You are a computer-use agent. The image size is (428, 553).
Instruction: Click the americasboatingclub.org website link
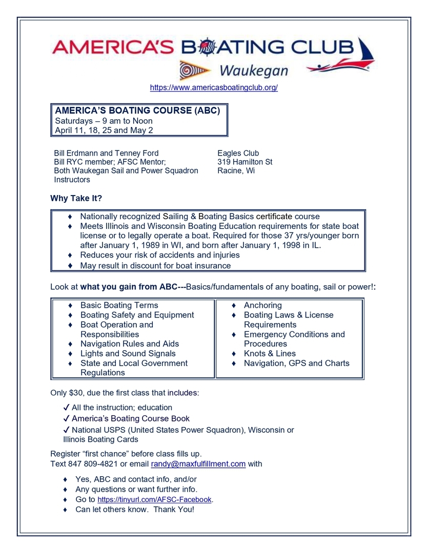(x=214, y=88)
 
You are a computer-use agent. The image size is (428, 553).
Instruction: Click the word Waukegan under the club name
(x=253, y=70)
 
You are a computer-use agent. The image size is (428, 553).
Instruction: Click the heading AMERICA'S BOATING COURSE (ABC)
(x=137, y=111)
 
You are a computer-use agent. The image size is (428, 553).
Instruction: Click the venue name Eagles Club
(x=238, y=153)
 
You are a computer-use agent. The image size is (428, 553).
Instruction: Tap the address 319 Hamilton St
(x=244, y=162)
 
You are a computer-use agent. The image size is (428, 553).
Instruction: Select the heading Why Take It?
(x=76, y=198)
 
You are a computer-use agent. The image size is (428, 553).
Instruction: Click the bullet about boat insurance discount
(x=155, y=266)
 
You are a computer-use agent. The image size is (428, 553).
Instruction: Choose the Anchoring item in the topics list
(x=262, y=305)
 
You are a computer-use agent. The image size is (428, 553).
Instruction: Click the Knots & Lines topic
(x=270, y=353)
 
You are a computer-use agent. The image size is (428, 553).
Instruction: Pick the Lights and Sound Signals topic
(x=128, y=353)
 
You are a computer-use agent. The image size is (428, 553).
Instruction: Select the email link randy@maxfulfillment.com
(x=198, y=464)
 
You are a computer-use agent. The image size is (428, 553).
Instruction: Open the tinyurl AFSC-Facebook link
(x=154, y=500)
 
